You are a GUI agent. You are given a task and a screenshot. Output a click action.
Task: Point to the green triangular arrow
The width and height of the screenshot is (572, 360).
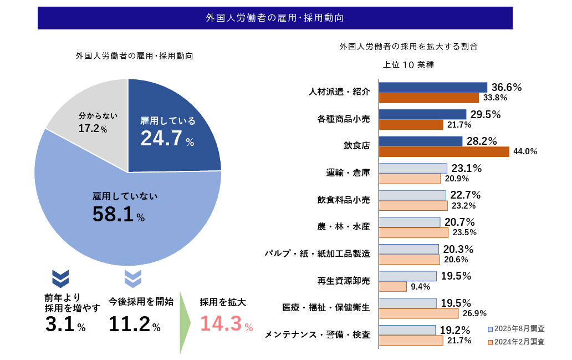pos(185,322)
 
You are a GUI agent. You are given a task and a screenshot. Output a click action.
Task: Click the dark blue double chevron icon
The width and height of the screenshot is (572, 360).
pos(60,278)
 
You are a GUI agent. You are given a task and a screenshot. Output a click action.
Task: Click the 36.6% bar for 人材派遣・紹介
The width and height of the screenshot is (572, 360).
pos(433,87)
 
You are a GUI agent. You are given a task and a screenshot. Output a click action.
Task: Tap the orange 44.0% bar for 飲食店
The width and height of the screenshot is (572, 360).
pos(444,151)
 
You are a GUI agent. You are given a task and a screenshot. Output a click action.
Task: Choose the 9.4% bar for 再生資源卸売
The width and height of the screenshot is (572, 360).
pos(393,286)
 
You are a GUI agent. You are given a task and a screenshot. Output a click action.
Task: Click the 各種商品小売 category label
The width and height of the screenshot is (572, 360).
pos(344,119)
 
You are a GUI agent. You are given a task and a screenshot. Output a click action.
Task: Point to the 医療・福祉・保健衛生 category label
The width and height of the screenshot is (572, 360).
pos(326,307)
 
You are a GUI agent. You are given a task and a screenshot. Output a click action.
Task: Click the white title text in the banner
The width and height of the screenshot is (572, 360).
pos(274,18)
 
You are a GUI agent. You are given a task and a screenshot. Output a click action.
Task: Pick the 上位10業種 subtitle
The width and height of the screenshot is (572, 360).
pos(408,64)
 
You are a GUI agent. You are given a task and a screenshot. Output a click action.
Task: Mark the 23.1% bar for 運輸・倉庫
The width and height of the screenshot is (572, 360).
pos(413,168)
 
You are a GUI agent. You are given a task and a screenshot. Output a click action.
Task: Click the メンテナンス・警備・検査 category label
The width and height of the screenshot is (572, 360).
pos(317,334)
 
